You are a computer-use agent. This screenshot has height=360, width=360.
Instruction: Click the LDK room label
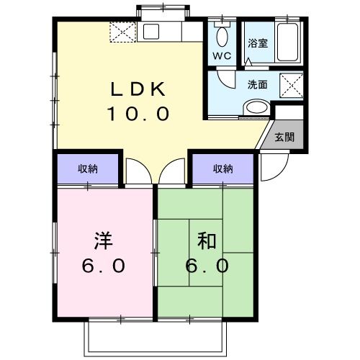[139, 89]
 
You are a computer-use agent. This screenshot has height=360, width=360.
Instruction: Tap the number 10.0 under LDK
[139, 113]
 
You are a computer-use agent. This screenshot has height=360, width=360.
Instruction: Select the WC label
[220, 55]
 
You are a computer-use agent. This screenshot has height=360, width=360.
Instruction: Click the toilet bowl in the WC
[222, 35]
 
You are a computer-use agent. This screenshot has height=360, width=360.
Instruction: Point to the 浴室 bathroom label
[257, 42]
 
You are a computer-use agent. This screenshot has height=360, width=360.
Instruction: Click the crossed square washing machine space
[292, 85]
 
